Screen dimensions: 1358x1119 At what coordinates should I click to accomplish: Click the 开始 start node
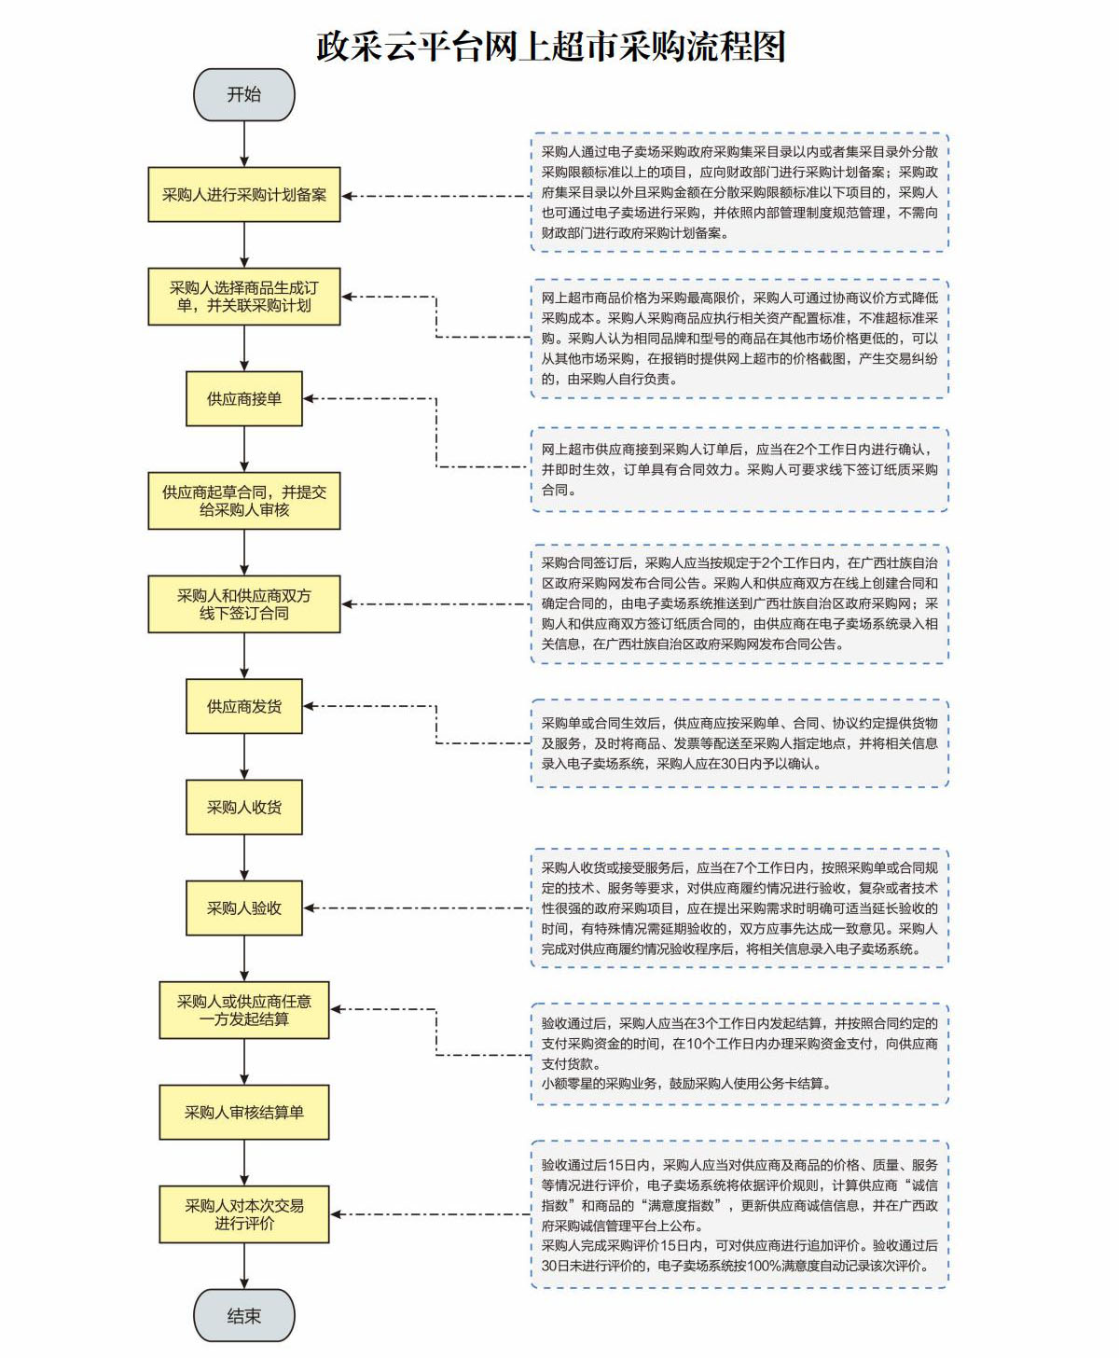[x=244, y=94]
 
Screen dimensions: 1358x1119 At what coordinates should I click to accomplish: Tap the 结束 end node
[x=244, y=1315]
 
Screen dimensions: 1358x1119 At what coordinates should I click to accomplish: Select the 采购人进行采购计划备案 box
[x=244, y=195]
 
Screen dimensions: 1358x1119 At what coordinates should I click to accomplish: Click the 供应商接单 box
[x=244, y=399]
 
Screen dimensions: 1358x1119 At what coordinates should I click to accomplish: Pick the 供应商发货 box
[x=244, y=707]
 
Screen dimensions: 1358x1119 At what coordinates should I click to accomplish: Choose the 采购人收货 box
[x=244, y=808]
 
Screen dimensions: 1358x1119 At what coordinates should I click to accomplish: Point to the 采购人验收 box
[x=244, y=908]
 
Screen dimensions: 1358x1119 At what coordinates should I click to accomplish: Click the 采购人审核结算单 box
[x=244, y=1112]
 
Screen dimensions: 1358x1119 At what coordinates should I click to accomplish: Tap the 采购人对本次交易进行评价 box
[x=244, y=1214]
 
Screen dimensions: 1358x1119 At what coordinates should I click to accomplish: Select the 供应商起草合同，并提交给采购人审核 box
[x=244, y=501]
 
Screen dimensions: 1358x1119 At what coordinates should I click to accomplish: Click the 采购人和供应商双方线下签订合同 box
[x=244, y=604]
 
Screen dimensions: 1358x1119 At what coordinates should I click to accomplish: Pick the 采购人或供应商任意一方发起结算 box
[x=244, y=1010]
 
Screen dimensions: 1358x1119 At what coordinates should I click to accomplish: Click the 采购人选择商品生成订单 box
[x=244, y=297]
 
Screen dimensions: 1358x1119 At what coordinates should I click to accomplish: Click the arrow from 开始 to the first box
[x=244, y=144]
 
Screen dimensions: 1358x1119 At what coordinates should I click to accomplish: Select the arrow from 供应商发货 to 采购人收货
[x=244, y=756]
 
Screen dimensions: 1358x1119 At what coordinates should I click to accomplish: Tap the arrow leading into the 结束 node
[x=244, y=1266]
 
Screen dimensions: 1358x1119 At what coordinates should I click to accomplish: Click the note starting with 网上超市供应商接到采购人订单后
[x=739, y=470]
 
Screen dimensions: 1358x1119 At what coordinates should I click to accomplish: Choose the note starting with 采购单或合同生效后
[x=739, y=743]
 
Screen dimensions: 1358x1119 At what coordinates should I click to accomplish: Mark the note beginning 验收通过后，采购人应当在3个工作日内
[x=739, y=1054]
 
